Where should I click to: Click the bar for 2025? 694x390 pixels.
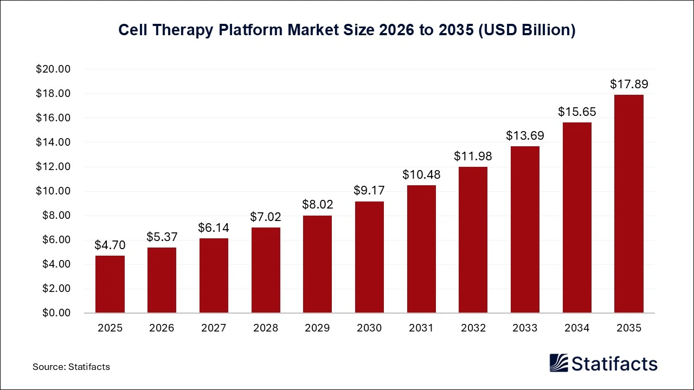(x=110, y=284)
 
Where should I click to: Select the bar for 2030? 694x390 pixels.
(x=369, y=257)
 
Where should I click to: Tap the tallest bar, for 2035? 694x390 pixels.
(x=628, y=204)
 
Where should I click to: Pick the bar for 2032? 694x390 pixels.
(x=473, y=240)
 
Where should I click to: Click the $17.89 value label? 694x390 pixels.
(x=628, y=84)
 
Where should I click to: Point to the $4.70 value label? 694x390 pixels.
(x=110, y=245)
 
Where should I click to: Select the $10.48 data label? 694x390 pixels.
(x=421, y=174)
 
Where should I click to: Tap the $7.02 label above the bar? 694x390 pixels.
(x=266, y=217)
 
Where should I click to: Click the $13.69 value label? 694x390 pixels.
(x=525, y=135)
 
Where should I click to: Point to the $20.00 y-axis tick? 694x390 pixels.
(x=53, y=69)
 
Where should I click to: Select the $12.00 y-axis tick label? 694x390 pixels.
(x=53, y=167)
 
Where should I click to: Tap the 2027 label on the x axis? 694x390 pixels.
(x=214, y=328)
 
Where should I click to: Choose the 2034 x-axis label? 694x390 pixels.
(x=577, y=328)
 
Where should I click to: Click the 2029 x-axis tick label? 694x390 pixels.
(x=317, y=328)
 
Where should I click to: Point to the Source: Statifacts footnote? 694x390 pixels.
(x=71, y=367)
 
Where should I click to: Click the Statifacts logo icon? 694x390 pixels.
(x=558, y=363)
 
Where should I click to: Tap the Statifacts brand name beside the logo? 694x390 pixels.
(x=614, y=363)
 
